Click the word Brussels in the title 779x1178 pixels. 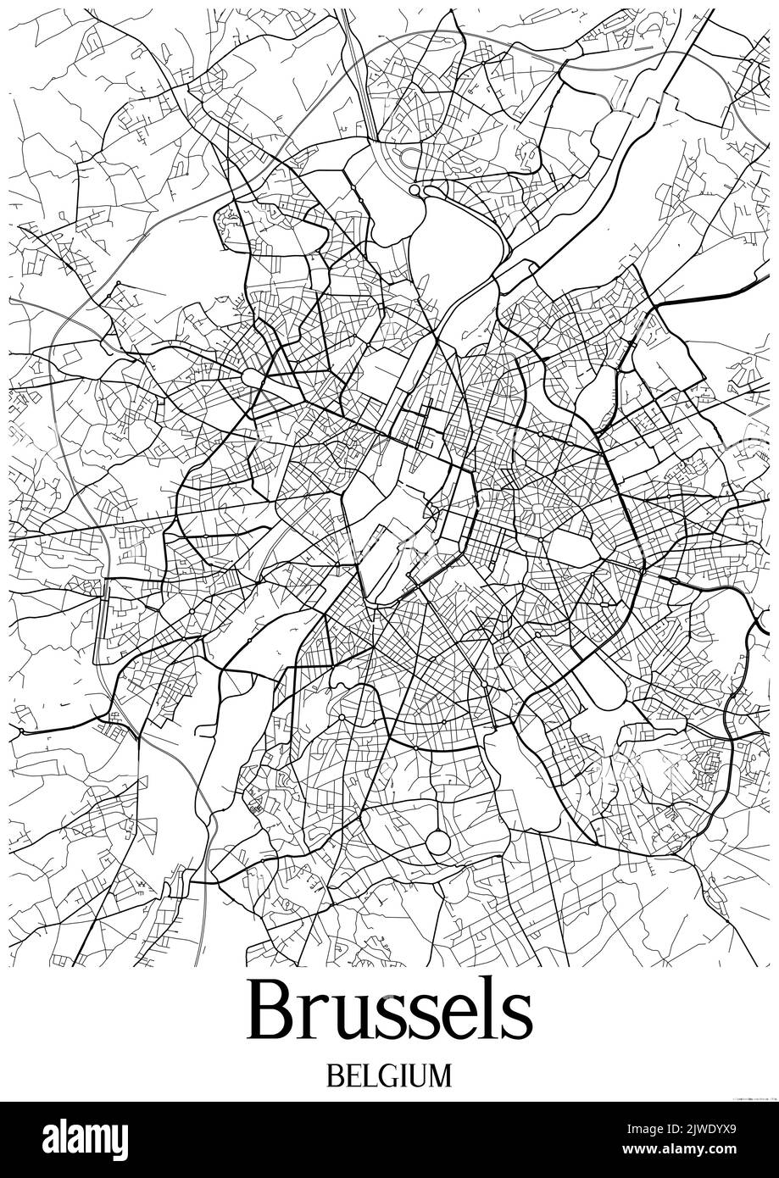390,1012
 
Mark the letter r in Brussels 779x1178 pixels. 314,1019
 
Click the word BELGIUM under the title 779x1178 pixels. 389,1075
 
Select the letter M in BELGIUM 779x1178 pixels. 439,1075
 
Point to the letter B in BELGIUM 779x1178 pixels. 335,1075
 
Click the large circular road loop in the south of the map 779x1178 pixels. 438,842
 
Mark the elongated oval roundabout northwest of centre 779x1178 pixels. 253,375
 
